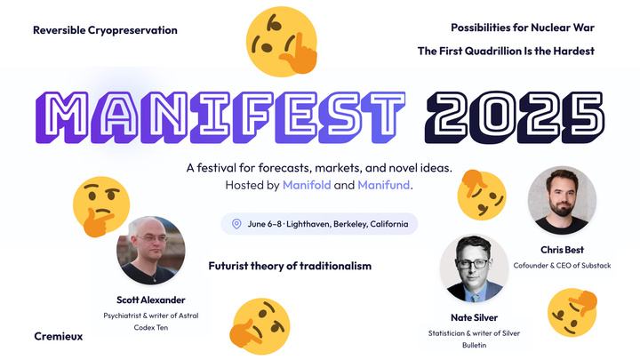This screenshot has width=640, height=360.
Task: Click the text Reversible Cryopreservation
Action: pyautogui.click(x=105, y=30)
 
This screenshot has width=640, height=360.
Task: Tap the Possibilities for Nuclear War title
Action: pyautogui.click(x=522, y=28)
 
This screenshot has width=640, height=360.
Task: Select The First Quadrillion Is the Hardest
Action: pyautogui.click(x=506, y=51)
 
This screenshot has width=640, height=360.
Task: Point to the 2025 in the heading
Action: pyautogui.click(x=519, y=114)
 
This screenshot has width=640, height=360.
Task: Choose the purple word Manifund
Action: pyautogui.click(x=384, y=185)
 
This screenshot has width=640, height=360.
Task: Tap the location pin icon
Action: pyautogui.click(x=236, y=224)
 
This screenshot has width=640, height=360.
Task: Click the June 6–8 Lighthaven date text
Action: pyautogui.click(x=324, y=224)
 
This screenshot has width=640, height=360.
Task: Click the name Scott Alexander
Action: pyautogui.click(x=151, y=299)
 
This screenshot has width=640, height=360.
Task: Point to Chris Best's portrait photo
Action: pyautogui.click(x=561, y=201)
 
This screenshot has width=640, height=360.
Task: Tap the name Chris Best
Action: pyautogui.click(x=561, y=250)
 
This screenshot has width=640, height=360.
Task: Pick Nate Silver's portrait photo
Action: pyautogui.click(x=473, y=268)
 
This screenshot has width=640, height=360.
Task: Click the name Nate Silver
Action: pyautogui.click(x=473, y=316)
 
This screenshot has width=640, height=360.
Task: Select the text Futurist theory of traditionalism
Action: pyautogui.click(x=290, y=266)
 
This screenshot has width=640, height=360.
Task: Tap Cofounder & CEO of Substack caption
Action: pyautogui.click(x=561, y=265)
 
